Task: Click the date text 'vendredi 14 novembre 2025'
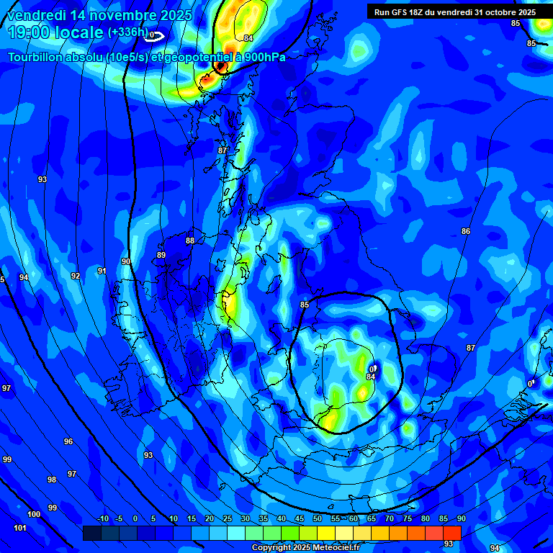[99, 15]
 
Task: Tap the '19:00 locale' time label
[56, 32]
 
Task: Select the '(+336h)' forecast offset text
[127, 32]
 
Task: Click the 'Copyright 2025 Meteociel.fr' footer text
[305, 547]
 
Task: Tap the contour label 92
[76, 276]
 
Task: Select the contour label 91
[102, 271]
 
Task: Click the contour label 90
[126, 261]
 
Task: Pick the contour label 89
[161, 255]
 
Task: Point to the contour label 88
[190, 241]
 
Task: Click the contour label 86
[466, 231]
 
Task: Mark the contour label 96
[68, 441]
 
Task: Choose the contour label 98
[52, 480]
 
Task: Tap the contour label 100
[34, 514]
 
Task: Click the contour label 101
[20, 529]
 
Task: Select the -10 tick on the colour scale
[102, 518]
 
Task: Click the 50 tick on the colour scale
[318, 518]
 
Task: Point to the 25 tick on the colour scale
[228, 518]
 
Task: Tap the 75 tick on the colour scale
[407, 518]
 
